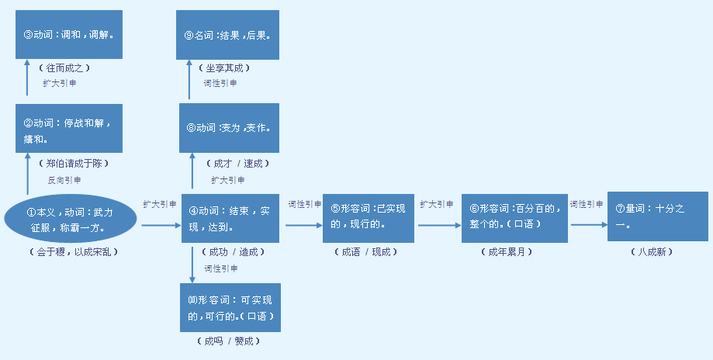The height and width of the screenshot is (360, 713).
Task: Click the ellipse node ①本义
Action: pos(71,219)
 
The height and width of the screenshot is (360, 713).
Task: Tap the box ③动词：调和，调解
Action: pos(69,35)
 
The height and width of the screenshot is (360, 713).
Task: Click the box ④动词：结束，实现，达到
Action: pos(230,219)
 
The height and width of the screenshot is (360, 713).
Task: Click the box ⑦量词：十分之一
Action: pos(657,216)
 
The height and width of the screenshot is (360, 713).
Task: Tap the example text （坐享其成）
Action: pos(229,68)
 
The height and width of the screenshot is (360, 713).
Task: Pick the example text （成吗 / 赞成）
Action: pos(230,341)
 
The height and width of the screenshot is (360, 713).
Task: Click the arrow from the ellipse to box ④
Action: pos(159,225)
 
